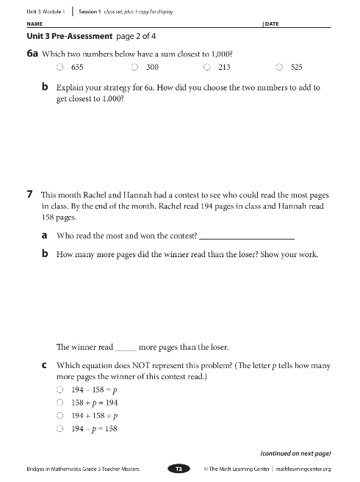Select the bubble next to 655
click(60, 68)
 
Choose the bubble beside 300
click(134, 68)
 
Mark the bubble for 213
click(207, 68)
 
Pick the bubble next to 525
click(280, 68)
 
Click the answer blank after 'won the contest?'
click(247, 236)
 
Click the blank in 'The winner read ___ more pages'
click(126, 347)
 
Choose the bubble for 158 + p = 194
click(60, 403)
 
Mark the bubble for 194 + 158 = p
click(60, 416)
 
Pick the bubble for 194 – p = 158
click(60, 429)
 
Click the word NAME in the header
click(34, 24)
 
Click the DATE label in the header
click(272, 24)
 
